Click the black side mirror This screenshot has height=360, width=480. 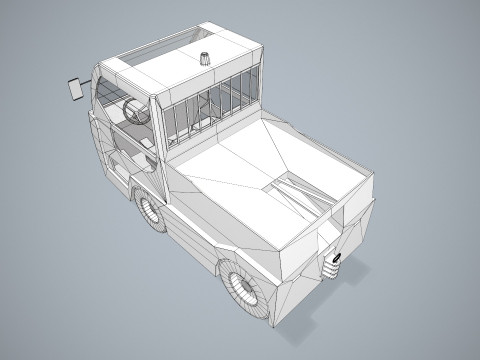coord(74,88)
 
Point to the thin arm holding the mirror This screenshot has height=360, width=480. coord(85,80)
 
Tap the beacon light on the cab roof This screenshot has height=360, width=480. coord(207,58)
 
